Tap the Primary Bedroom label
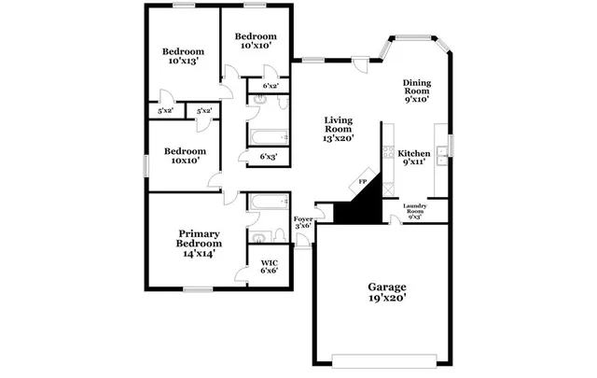pos(200,239)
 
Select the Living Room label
pos(339,121)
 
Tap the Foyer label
pos(303,220)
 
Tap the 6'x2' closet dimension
pos(271,86)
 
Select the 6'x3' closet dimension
pos(269,156)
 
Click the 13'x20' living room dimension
pos(339,137)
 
